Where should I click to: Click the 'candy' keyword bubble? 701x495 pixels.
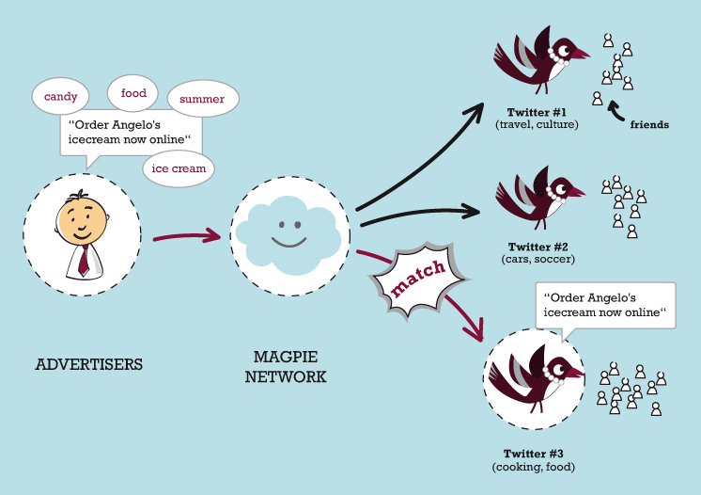coord(61,96)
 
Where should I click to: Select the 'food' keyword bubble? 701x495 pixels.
coord(133,93)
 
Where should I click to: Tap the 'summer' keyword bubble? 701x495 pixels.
coord(202,99)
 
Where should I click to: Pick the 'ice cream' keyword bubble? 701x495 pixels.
coord(179,169)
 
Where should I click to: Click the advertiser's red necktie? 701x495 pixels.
coord(84,259)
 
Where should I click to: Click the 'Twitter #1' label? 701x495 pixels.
coord(537,112)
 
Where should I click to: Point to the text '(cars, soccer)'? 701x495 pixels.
coord(538,258)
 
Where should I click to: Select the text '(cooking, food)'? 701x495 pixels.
coord(533,467)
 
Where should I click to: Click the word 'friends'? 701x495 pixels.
coord(649,124)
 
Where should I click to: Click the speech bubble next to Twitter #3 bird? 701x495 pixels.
coord(605,304)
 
